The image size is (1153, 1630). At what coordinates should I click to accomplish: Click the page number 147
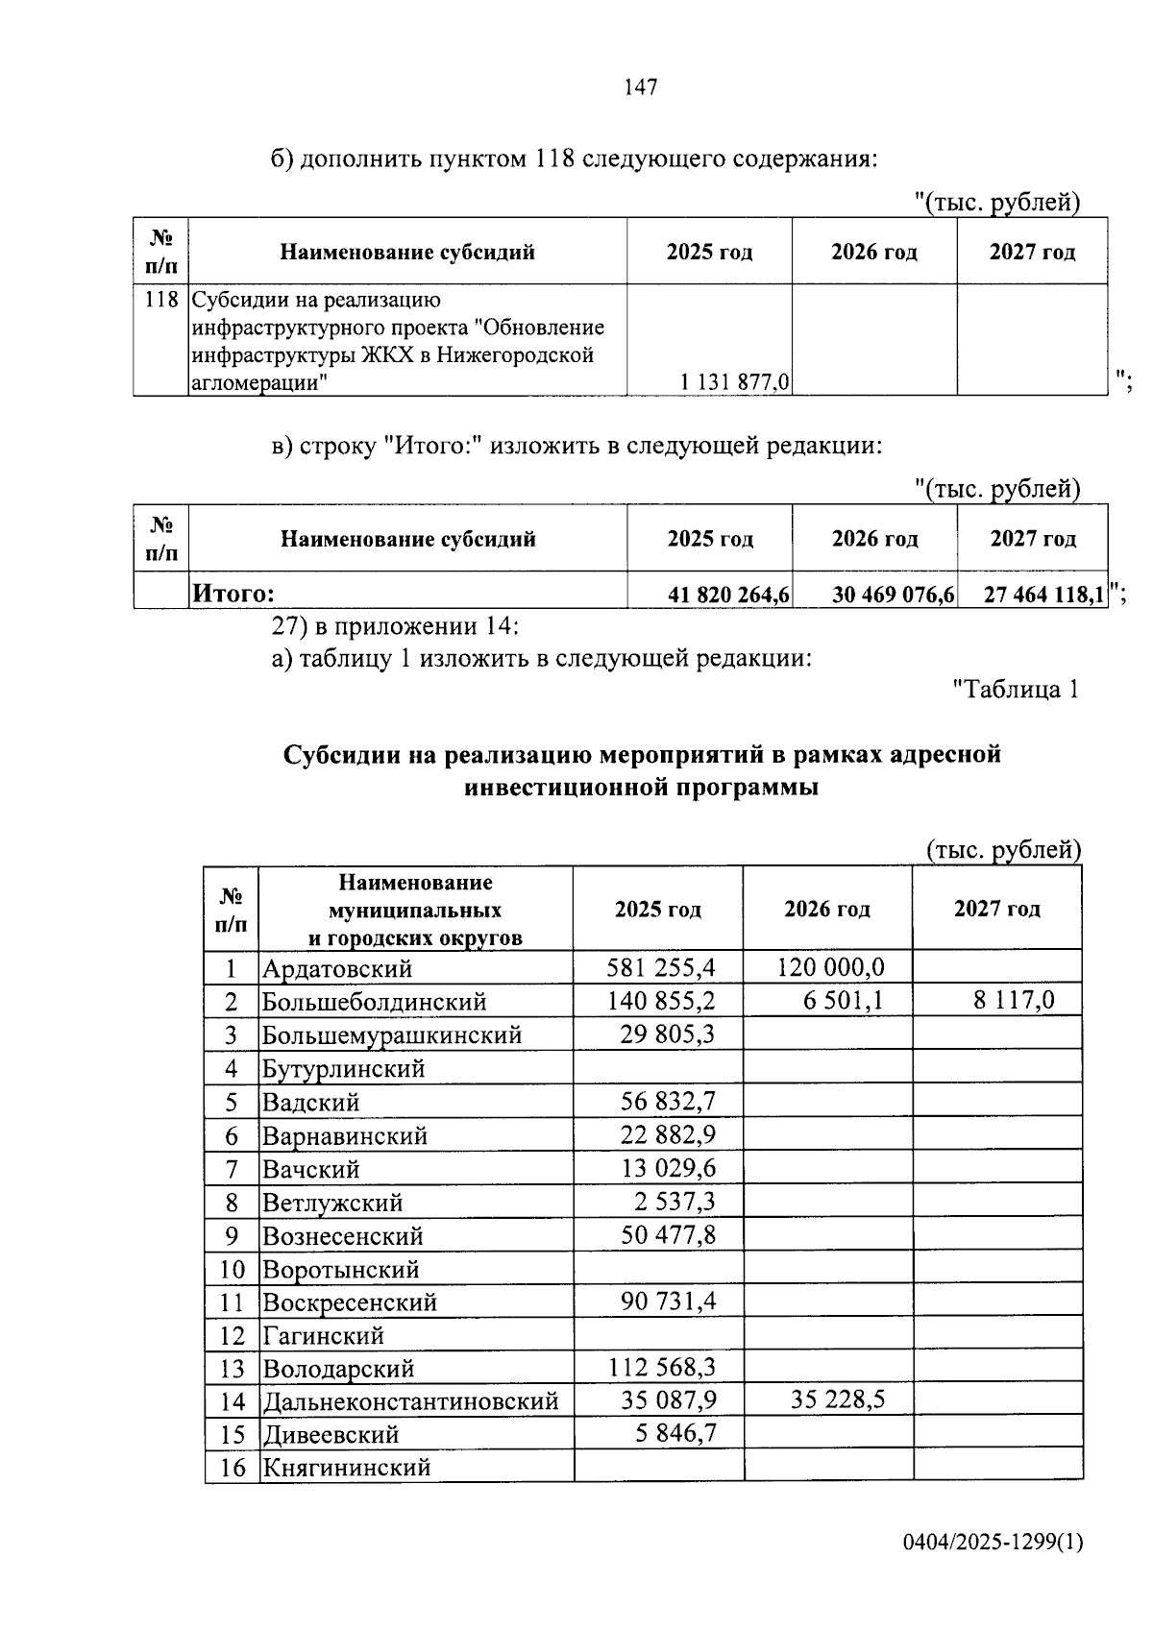coord(641,87)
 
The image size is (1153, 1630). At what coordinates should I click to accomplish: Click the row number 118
coord(160,300)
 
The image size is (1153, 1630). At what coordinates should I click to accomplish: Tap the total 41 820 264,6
coord(728,596)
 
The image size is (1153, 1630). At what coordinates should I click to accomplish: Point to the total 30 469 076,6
coord(893,596)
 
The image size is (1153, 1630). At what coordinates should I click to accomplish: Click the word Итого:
coord(234,595)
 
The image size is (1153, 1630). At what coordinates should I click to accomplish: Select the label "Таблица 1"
coord(1016,689)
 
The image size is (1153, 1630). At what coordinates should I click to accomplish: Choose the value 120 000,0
coord(830,966)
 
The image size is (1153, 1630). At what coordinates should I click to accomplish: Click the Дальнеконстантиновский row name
coord(410,1401)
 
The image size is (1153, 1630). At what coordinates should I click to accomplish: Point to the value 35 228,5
coord(837,1399)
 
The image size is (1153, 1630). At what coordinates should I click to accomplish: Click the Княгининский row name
coord(346,1468)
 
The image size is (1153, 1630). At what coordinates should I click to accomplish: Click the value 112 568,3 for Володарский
coord(662,1367)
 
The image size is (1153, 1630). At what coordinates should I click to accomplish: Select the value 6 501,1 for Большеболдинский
coord(843,1000)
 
